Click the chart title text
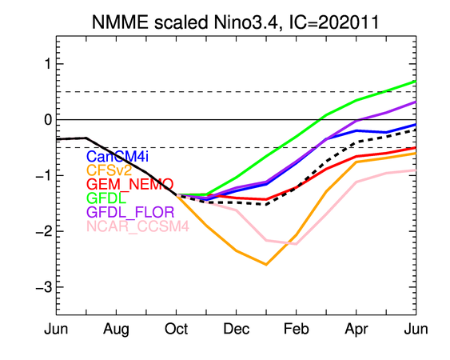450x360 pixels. [x=236, y=22]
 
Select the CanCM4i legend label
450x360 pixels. [x=117, y=157]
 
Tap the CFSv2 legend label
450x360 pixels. [x=109, y=170]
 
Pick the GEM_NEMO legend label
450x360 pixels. [x=130, y=185]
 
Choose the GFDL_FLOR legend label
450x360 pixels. [x=130, y=212]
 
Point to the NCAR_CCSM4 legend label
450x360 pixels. [x=137, y=226]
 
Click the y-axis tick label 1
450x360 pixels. [x=48, y=64]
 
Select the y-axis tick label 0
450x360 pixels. [x=48, y=119]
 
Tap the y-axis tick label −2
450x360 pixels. [x=44, y=231]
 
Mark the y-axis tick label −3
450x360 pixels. [x=44, y=287]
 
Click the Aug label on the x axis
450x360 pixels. [x=116, y=330]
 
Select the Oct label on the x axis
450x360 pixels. [x=176, y=329]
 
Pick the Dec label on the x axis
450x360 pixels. [x=237, y=329]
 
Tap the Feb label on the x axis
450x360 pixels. [x=297, y=329]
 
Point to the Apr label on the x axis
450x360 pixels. [x=356, y=330]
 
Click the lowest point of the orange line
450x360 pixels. [x=266, y=265]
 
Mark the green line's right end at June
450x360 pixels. [x=416, y=82]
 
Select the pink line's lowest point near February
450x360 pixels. [x=297, y=244]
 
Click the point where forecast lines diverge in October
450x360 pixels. [x=177, y=194]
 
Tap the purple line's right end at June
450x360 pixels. [x=416, y=102]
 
